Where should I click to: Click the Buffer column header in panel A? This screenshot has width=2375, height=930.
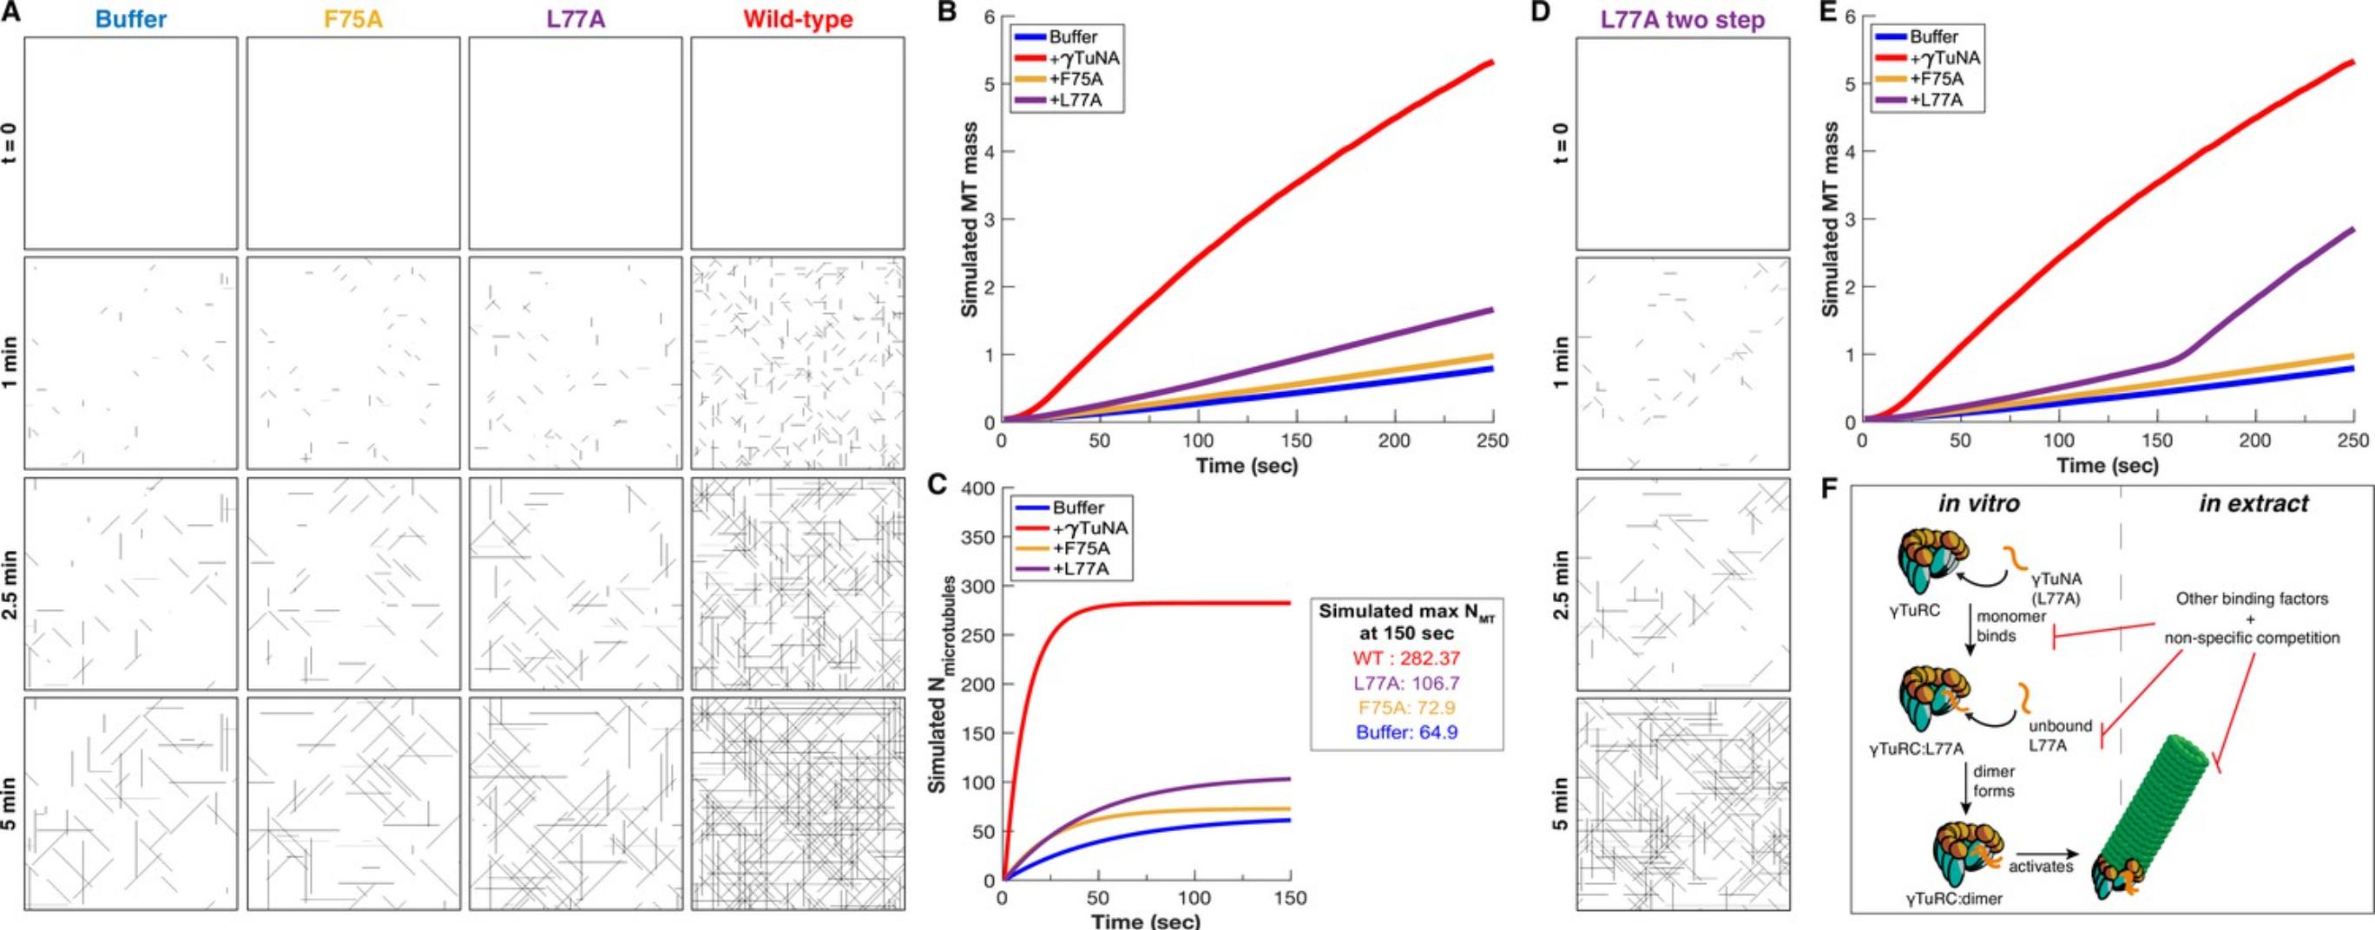click(130, 18)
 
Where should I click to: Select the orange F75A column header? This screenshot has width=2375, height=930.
click(352, 18)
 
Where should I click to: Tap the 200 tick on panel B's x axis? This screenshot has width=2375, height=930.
click(1394, 442)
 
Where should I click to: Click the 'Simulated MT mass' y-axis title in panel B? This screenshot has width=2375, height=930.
click(969, 219)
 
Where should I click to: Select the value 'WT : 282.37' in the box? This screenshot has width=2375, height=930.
click(1393, 659)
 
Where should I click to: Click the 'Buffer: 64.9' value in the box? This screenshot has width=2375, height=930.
click(1393, 733)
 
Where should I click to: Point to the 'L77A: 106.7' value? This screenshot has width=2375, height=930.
click(1393, 684)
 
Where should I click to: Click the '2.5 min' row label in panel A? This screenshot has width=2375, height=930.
click(12, 585)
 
